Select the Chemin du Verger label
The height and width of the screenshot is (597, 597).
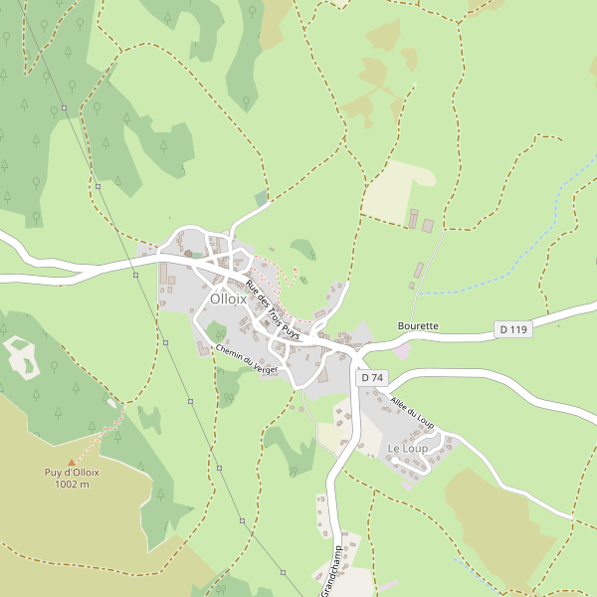click(x=246, y=360)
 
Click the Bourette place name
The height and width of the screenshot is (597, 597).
click(x=418, y=325)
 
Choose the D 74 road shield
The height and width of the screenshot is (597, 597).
click(x=372, y=378)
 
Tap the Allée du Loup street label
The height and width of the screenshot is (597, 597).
click(x=413, y=414)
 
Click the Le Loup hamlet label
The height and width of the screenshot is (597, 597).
click(x=407, y=450)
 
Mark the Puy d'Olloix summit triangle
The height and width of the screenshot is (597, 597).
click(x=71, y=462)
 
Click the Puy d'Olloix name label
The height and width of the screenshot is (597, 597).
click(x=72, y=473)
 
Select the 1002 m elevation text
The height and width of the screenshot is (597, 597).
click(x=72, y=485)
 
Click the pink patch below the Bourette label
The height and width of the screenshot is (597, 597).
click(x=402, y=350)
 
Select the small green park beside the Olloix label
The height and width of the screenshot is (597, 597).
click(x=217, y=331)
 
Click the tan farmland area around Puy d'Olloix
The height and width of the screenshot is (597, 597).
click(x=60, y=527)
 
